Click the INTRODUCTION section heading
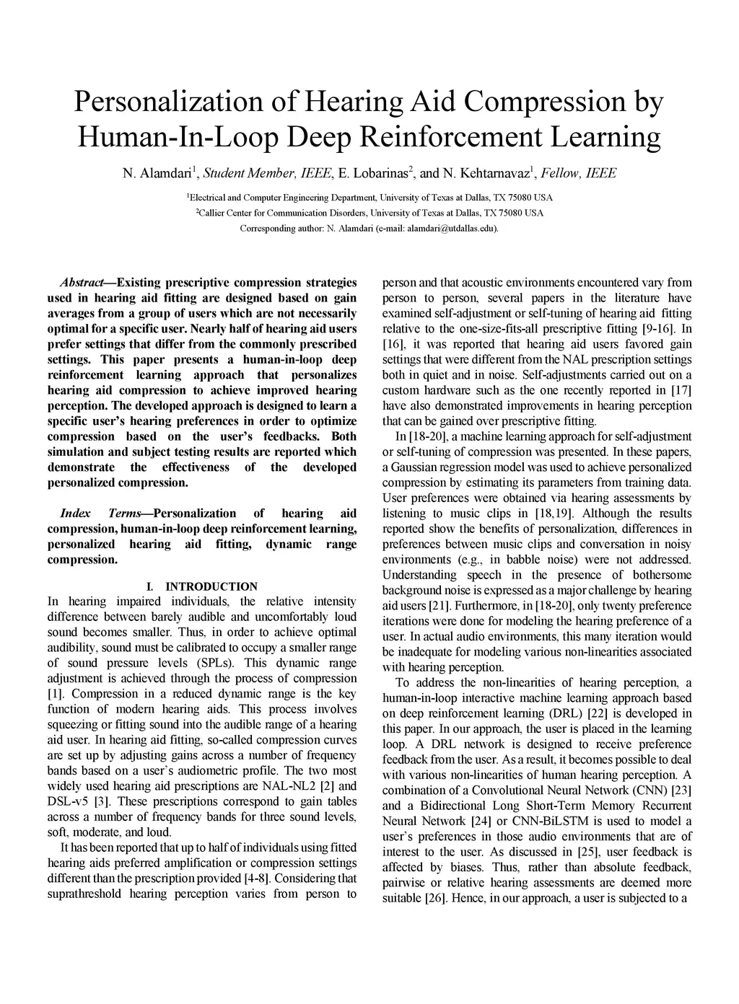(211, 586)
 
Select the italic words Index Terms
(102, 514)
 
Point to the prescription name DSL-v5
(68, 802)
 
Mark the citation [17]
(680, 390)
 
